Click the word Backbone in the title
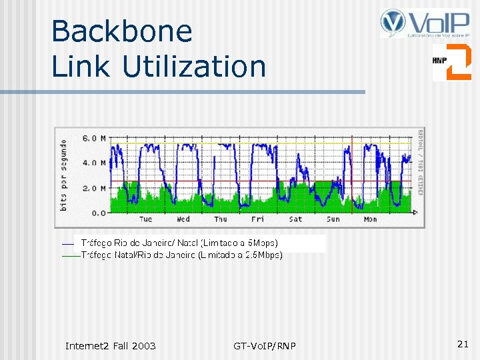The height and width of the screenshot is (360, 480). (122, 31)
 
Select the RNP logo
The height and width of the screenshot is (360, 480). (451, 62)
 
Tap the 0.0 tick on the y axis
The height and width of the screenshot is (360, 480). (98, 213)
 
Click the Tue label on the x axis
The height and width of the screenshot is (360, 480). (145, 219)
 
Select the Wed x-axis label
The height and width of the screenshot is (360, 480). (183, 219)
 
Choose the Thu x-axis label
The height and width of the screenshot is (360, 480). (220, 219)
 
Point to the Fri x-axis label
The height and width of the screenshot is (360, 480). (257, 219)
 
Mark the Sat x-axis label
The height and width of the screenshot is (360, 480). (295, 219)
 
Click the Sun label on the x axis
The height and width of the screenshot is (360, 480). (333, 219)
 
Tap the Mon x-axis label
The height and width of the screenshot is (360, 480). (370, 219)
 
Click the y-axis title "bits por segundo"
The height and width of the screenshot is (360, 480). (64, 175)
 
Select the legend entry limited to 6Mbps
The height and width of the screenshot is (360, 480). (179, 243)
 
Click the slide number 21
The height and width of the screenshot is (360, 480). (463, 344)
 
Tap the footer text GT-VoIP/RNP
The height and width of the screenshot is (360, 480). (265, 345)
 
